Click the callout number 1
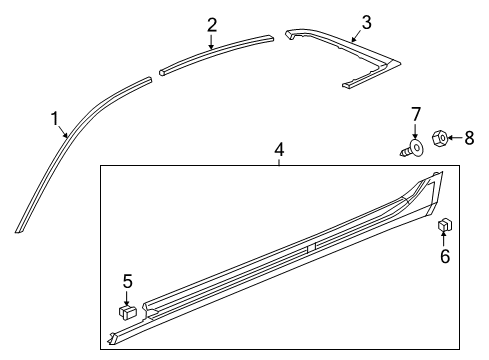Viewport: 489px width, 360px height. click(56, 119)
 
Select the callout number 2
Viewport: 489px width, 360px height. click(211, 24)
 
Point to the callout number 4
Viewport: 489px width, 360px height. click(279, 149)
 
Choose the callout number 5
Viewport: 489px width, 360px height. click(127, 281)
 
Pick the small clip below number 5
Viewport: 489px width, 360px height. click(127, 313)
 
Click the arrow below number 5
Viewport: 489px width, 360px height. click(127, 297)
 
